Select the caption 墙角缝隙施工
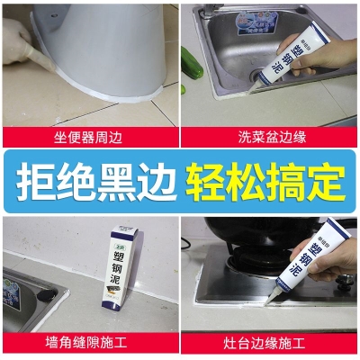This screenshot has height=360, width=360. [89, 343]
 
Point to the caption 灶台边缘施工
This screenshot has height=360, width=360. [270, 343]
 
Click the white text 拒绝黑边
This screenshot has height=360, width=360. [94, 180]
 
